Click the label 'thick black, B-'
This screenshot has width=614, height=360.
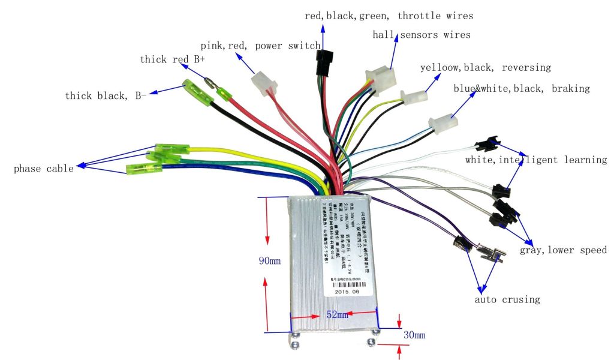(x=106, y=95)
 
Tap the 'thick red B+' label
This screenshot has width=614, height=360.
(x=173, y=59)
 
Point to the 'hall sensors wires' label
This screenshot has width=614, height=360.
(x=422, y=35)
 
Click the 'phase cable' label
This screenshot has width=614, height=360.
(x=44, y=169)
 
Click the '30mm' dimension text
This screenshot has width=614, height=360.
(x=414, y=335)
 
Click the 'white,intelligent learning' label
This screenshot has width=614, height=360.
(x=536, y=160)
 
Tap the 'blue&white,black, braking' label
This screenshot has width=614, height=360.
(x=521, y=89)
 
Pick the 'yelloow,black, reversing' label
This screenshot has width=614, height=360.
(x=485, y=67)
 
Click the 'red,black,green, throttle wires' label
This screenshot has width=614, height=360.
(x=389, y=16)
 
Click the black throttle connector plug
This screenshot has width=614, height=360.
(x=324, y=62)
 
